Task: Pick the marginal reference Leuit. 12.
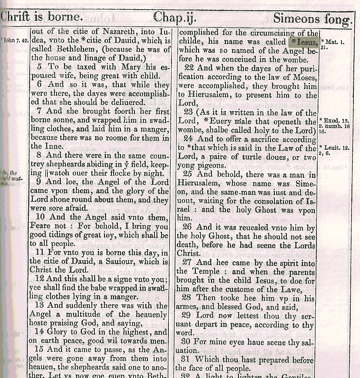[334, 148]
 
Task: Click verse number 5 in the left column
[40, 67]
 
